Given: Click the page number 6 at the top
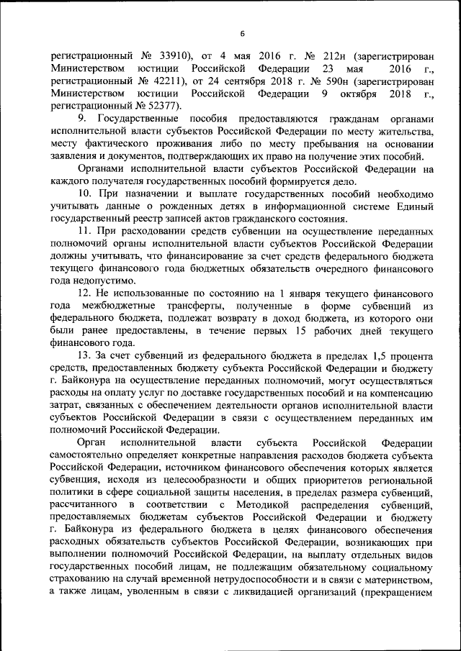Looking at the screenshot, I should click(243, 34).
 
